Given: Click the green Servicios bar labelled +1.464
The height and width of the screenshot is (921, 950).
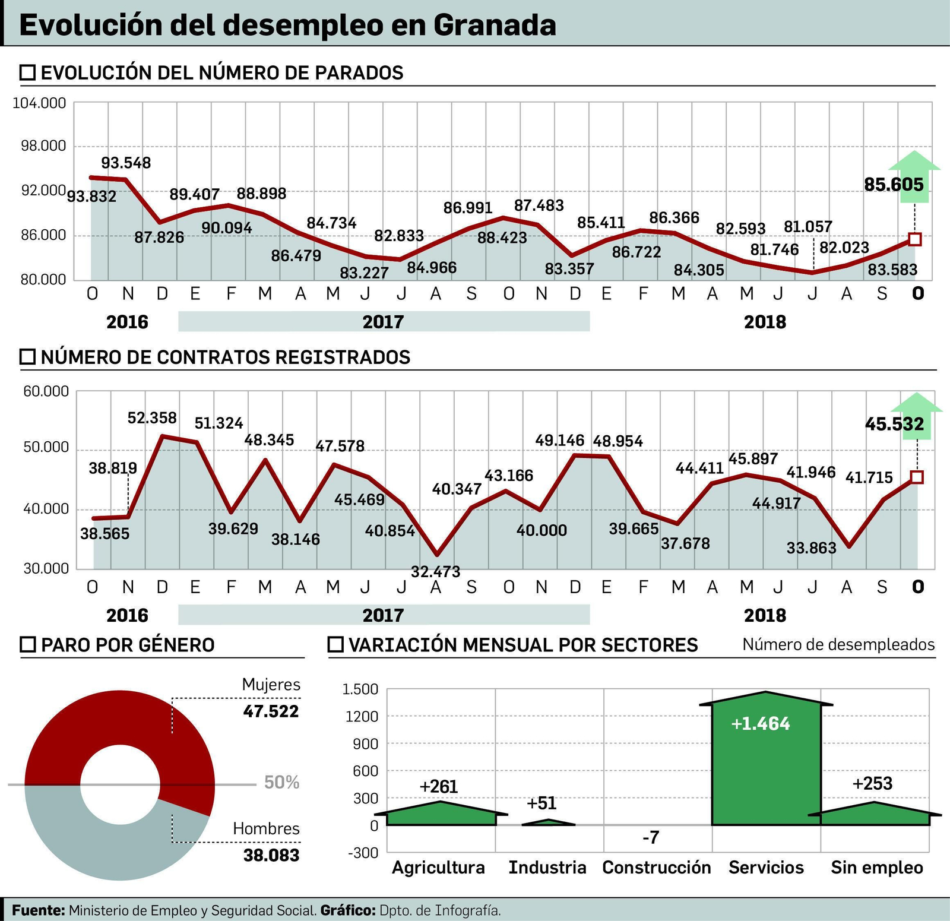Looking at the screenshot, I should click(766, 766).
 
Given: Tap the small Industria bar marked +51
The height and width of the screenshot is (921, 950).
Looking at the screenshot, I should click(549, 822).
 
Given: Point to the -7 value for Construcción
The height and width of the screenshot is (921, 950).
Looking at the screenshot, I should click(651, 837).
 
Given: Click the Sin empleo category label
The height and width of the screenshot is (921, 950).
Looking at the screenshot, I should click(876, 868).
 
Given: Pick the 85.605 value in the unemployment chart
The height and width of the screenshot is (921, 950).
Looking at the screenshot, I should click(894, 185).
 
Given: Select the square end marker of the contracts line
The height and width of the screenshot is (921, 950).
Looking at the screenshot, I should click(916, 477).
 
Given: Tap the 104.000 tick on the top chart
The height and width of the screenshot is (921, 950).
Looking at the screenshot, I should click(39, 103).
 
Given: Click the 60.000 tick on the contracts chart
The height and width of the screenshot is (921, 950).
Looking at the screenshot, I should click(46, 391).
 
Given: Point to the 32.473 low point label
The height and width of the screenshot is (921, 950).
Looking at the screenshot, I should click(435, 572).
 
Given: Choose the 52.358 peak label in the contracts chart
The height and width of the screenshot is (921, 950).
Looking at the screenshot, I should click(152, 418).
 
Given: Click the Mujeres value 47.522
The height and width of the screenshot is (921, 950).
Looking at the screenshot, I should click(271, 711).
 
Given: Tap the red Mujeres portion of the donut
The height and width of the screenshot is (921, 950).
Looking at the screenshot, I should click(119, 713).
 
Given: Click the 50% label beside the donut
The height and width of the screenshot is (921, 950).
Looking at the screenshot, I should click(281, 783).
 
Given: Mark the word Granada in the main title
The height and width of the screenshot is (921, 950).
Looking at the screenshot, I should click(495, 25).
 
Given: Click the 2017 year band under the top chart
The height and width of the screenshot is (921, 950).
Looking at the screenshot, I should click(383, 321).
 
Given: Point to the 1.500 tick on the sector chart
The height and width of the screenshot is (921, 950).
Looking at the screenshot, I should click(360, 689).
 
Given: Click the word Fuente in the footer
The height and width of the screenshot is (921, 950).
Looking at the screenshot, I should click(37, 910).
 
